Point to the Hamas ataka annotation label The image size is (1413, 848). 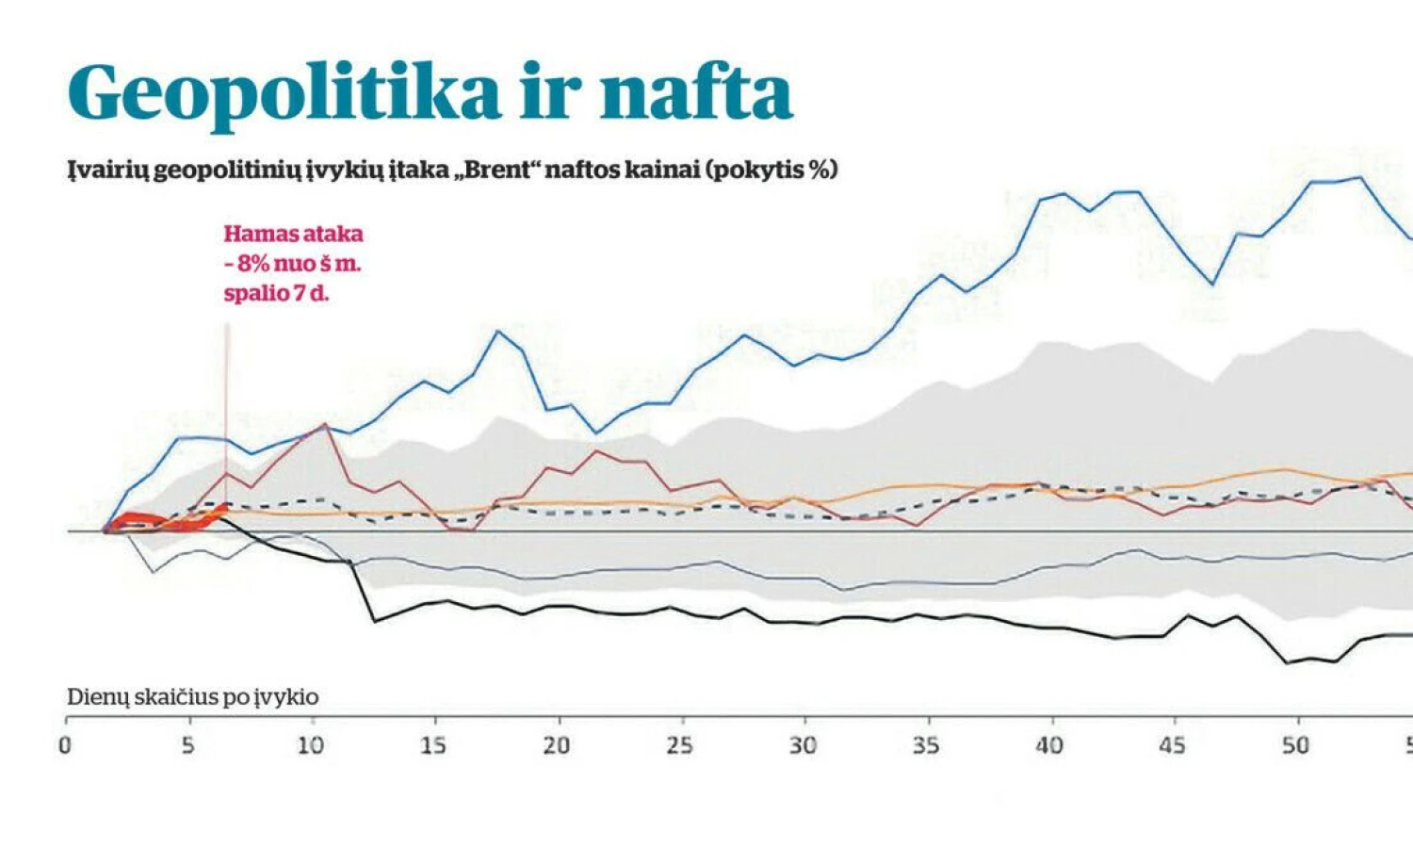click(293, 234)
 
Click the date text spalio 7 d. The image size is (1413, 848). click(276, 293)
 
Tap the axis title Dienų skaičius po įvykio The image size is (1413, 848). click(192, 697)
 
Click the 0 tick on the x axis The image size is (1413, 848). click(65, 745)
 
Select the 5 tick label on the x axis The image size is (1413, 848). click(188, 745)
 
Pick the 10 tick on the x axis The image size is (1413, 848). click(311, 745)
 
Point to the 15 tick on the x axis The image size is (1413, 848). click(433, 745)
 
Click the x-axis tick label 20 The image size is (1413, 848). click(557, 745)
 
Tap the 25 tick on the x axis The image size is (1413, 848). click(679, 745)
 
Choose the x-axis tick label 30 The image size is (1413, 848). click(803, 745)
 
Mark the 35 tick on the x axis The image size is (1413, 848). click(926, 745)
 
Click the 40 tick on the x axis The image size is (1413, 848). click(1049, 745)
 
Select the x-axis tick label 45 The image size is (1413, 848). click(1172, 745)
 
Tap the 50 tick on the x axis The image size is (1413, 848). click(1295, 745)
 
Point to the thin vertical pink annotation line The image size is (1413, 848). click(227, 396)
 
